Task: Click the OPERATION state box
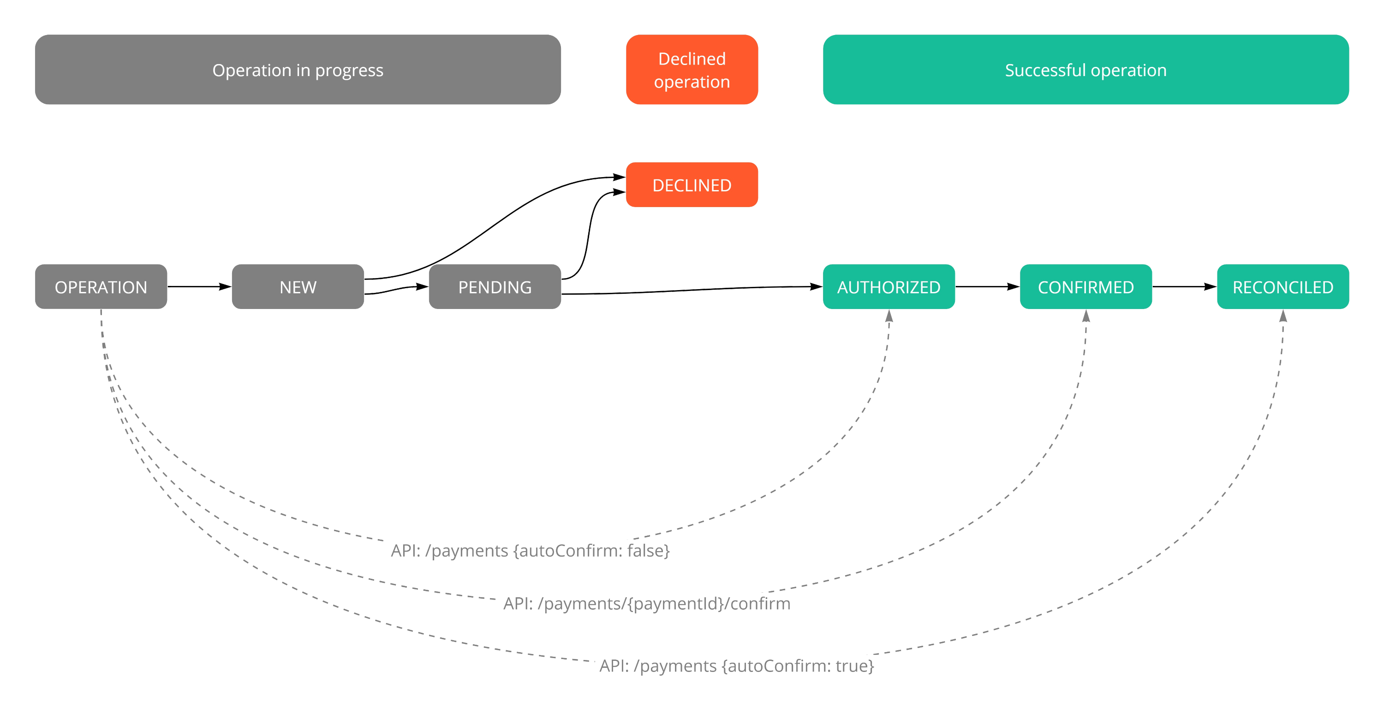click(x=101, y=287)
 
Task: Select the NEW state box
click(x=298, y=287)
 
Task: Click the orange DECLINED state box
click(x=692, y=185)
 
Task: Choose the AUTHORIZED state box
click(x=889, y=287)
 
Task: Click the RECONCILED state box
click(x=1283, y=287)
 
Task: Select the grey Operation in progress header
click(x=298, y=70)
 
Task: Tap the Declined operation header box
click(x=692, y=70)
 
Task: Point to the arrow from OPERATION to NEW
click(x=199, y=286)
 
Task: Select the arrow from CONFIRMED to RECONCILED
click(x=1184, y=286)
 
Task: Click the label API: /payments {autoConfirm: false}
click(x=530, y=551)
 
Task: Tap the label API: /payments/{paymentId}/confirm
click(x=646, y=603)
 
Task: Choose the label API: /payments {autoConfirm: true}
click(x=736, y=665)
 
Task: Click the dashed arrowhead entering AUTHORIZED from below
click(x=889, y=316)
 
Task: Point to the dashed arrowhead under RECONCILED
click(x=1283, y=316)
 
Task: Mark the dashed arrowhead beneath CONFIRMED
click(x=1086, y=316)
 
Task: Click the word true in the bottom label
click(x=853, y=665)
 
